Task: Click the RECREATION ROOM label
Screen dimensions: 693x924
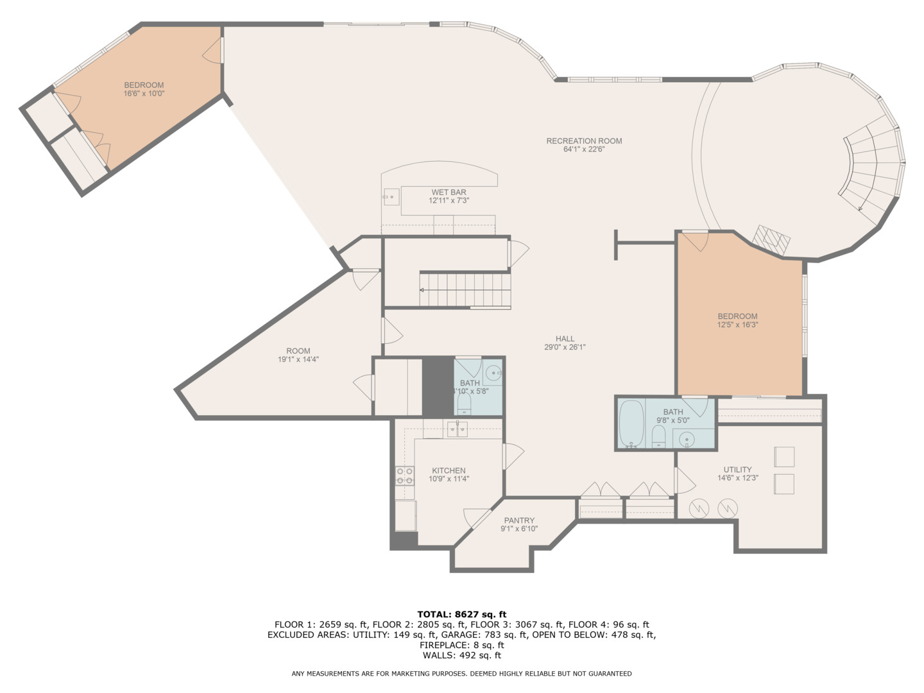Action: click(584, 141)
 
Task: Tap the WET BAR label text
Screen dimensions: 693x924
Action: click(449, 193)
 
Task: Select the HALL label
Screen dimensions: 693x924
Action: click(565, 339)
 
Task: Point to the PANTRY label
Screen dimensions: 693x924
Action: click(519, 520)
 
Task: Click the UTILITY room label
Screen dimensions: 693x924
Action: click(737, 470)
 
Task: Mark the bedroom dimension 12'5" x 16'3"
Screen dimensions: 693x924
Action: click(737, 325)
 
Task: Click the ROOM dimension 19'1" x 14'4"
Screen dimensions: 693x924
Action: click(298, 359)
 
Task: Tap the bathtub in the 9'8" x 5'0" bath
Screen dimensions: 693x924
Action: click(631, 424)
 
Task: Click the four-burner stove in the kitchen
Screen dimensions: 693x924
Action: click(404, 475)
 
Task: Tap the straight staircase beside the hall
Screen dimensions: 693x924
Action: click(466, 290)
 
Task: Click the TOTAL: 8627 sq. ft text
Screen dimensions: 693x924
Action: click(461, 614)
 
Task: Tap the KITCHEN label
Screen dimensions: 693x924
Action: click(449, 470)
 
